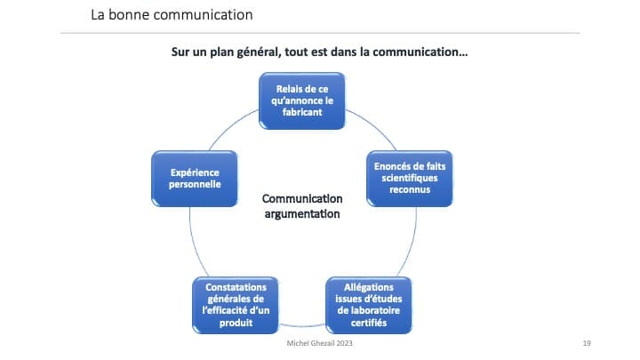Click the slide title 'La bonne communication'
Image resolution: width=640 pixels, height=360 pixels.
tap(172, 15)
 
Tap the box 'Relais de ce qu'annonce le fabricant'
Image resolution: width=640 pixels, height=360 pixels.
tap(302, 100)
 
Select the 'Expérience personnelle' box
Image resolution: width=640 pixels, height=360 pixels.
tap(195, 179)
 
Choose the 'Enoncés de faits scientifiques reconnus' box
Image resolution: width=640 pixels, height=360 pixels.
tap(410, 179)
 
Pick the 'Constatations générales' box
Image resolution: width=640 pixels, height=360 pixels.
tap(236, 305)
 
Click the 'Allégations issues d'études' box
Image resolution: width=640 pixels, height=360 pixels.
tap(369, 305)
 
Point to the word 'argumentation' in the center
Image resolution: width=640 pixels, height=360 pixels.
tap(302, 214)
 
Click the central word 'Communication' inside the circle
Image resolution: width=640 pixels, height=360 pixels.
tap(302, 199)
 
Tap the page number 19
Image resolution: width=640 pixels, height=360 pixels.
tap(587, 343)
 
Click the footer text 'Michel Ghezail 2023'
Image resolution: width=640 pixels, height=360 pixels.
tap(319, 343)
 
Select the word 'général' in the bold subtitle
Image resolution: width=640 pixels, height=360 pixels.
tap(260, 52)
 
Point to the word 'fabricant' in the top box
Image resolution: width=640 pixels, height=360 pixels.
tap(302, 112)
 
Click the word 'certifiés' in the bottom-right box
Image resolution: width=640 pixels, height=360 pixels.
tap(369, 323)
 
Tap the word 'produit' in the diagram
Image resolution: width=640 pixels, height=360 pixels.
tap(236, 323)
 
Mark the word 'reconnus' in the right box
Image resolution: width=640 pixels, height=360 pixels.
tap(410, 190)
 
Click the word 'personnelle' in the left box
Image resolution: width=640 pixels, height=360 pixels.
tap(195, 185)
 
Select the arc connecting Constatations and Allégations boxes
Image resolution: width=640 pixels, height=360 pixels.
tap(302, 326)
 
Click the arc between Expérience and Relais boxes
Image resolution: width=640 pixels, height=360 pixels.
tap(230, 125)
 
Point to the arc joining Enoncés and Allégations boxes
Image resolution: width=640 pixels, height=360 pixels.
tap(412, 243)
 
